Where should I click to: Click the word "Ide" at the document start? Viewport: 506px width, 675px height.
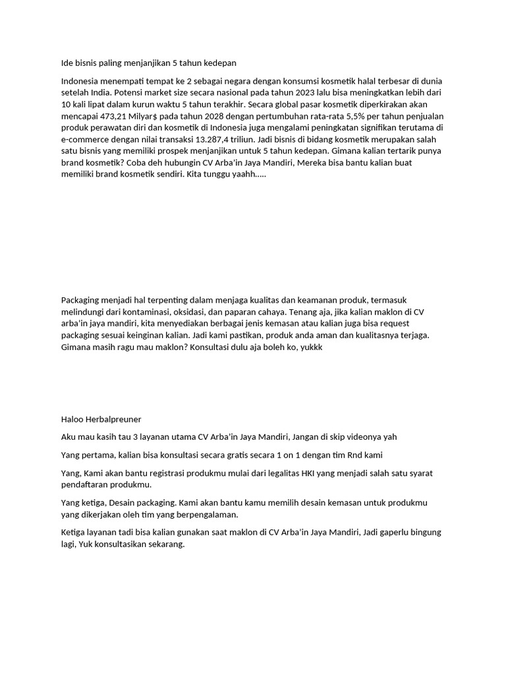click(x=67, y=63)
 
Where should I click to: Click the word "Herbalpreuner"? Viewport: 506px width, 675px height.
click(x=115, y=419)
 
